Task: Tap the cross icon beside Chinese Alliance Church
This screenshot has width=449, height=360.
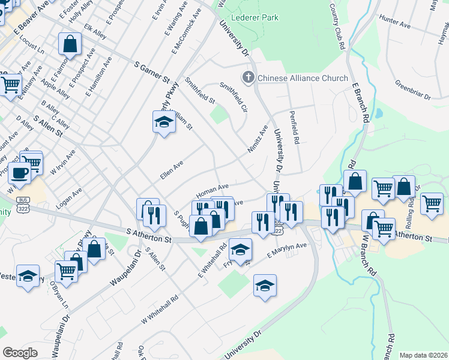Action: tap(248, 78)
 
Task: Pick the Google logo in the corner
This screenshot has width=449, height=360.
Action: tap(20, 353)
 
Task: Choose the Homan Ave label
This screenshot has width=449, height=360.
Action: tap(212, 191)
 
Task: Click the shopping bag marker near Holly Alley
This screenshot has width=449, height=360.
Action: tap(70, 44)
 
